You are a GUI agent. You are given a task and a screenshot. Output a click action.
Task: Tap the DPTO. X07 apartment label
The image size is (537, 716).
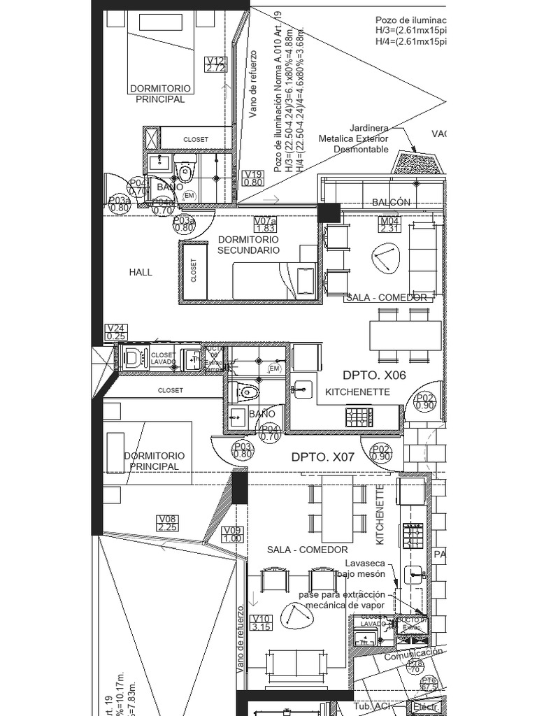tap(323, 457)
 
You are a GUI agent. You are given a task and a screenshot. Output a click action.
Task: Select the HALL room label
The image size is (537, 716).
tap(141, 272)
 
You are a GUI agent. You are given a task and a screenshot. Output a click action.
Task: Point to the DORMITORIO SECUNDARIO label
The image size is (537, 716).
tap(248, 245)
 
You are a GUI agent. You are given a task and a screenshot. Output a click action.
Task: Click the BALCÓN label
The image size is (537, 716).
tap(392, 202)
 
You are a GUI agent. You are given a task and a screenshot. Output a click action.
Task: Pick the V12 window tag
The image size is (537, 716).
tap(216, 64)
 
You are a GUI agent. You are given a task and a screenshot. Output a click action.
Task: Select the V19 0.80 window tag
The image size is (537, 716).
tap(253, 178)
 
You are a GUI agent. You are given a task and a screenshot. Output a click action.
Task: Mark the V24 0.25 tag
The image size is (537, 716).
tap(115, 332)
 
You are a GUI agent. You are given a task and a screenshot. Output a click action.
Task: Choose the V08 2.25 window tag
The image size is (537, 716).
tap(168, 523)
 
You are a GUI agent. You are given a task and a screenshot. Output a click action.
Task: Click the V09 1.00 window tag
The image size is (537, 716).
tap(233, 534)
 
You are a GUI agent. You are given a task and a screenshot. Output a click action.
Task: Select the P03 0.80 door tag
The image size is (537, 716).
tap(243, 450)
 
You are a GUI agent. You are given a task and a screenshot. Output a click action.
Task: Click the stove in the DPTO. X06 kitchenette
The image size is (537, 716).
tap(359, 417)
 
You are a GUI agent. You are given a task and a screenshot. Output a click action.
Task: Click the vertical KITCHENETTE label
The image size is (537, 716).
tap(380, 515)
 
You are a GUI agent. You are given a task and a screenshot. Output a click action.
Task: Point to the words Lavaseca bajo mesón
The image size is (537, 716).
tap(365, 568)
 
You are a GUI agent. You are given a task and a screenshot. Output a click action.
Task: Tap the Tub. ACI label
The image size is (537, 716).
tap(372, 707)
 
